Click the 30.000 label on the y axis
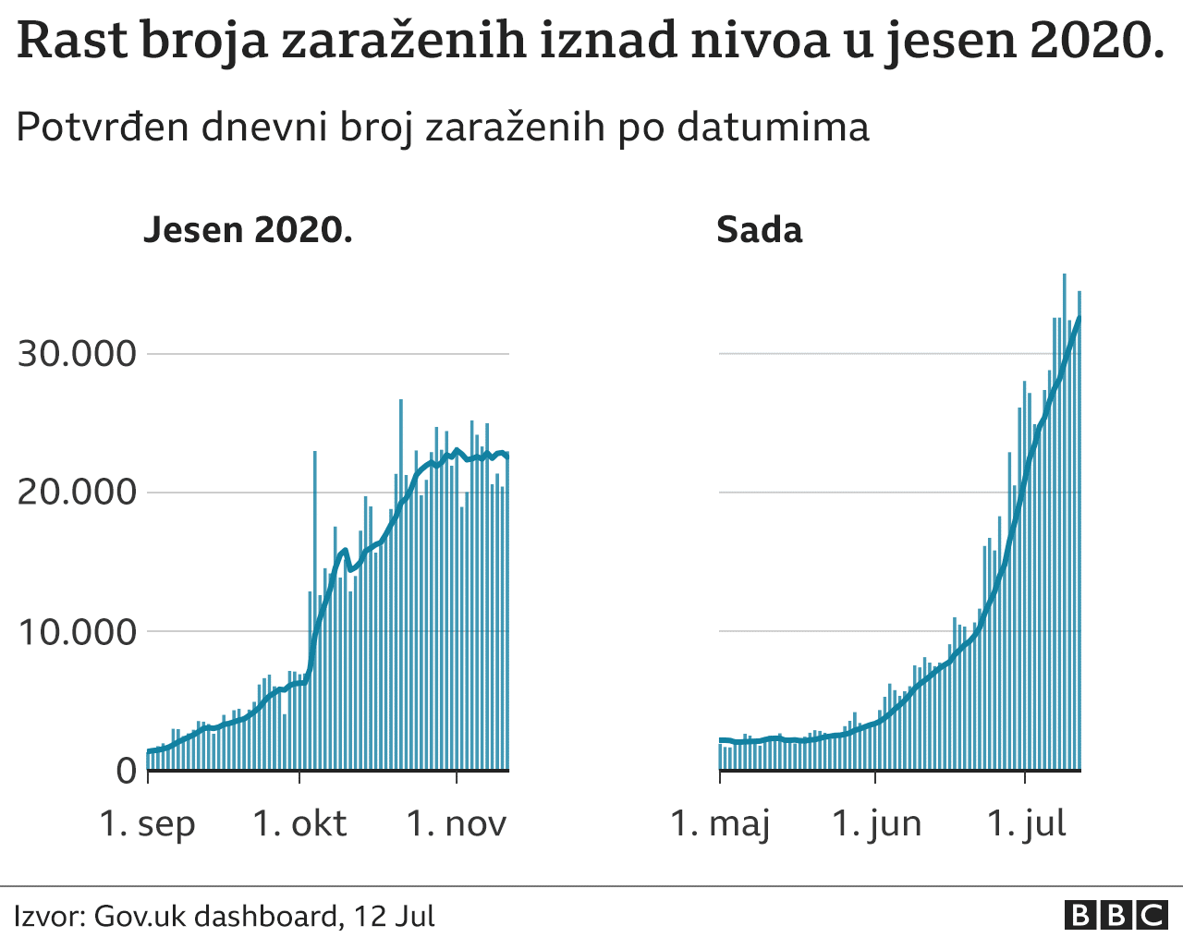click(x=77, y=354)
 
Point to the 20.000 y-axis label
click(x=77, y=492)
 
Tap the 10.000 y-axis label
click(x=77, y=632)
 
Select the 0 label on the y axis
click(x=126, y=771)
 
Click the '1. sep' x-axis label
click(x=147, y=823)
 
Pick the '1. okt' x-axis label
click(x=299, y=823)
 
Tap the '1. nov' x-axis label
click(x=457, y=823)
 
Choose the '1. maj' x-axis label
click(x=720, y=823)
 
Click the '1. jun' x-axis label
click(x=876, y=823)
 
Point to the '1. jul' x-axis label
click(x=1026, y=823)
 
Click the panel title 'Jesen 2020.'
click(x=248, y=230)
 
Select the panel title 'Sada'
click(x=759, y=230)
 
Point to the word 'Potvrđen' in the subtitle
click(x=101, y=127)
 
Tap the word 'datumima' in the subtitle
click(x=773, y=127)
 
